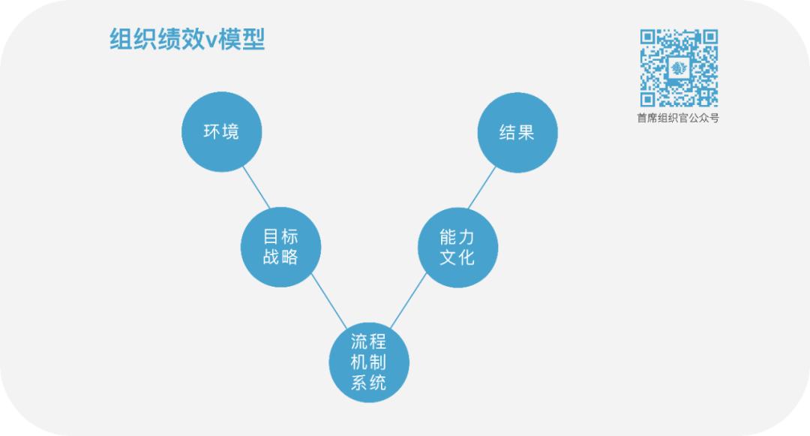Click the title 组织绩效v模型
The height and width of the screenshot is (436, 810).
click(187, 39)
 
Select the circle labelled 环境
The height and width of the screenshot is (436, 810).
click(221, 132)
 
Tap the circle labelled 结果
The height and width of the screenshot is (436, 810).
click(517, 133)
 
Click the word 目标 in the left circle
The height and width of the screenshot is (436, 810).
click(280, 237)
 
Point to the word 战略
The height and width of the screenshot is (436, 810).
click(280, 257)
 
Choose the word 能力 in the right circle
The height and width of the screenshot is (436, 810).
click(457, 237)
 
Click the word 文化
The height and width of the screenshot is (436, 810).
click(457, 257)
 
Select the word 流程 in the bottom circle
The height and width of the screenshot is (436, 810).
click(369, 342)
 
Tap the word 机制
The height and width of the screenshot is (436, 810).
click(369, 362)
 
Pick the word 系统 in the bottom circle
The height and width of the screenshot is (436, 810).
click(369, 383)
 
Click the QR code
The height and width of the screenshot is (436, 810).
click(679, 68)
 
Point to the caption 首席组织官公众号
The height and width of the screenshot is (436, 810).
click(678, 118)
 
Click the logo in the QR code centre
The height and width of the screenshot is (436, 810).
click(679, 68)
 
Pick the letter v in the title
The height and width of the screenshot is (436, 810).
click(211, 41)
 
